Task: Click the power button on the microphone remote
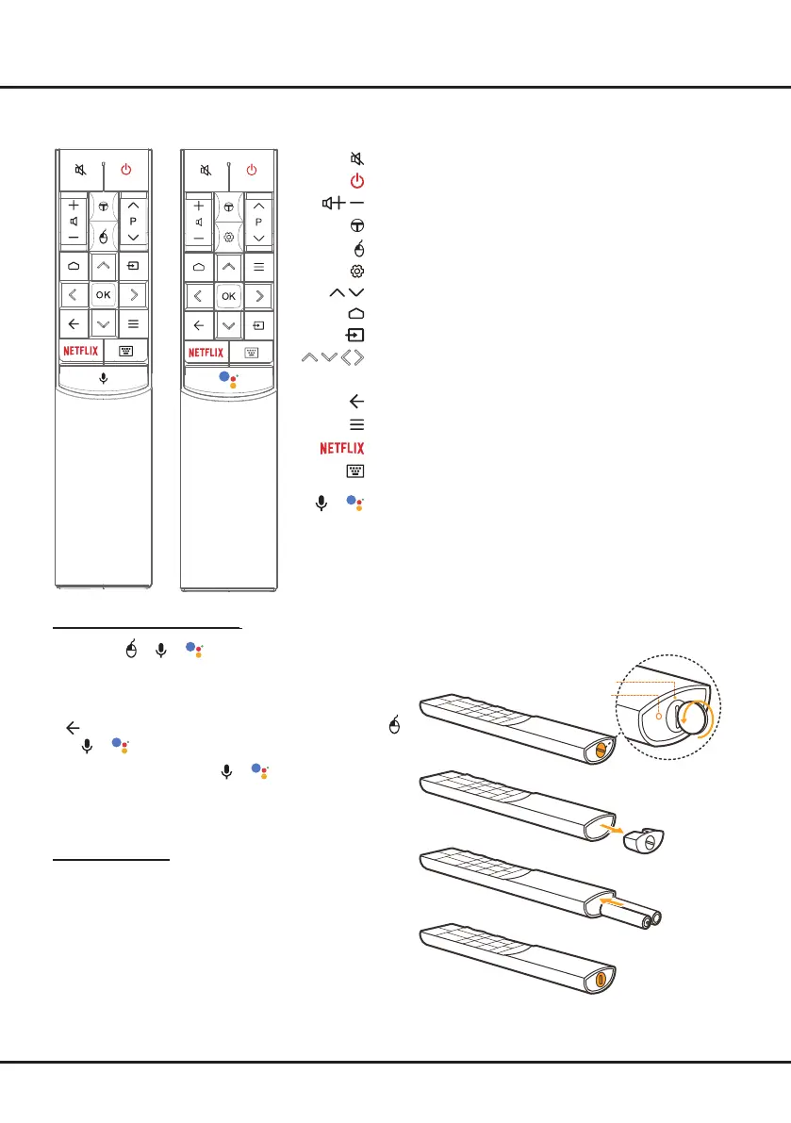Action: coord(126,171)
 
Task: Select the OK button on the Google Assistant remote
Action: coord(228,296)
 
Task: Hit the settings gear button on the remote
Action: coord(228,239)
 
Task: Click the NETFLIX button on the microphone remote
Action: coord(80,351)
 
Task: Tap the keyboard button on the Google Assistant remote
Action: coord(251,352)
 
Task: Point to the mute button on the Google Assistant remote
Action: coord(206,171)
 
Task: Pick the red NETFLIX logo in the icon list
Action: coord(341,447)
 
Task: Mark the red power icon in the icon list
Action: coord(357,181)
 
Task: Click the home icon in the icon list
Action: coord(357,313)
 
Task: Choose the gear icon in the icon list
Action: coord(357,271)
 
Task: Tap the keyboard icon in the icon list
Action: coord(357,471)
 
